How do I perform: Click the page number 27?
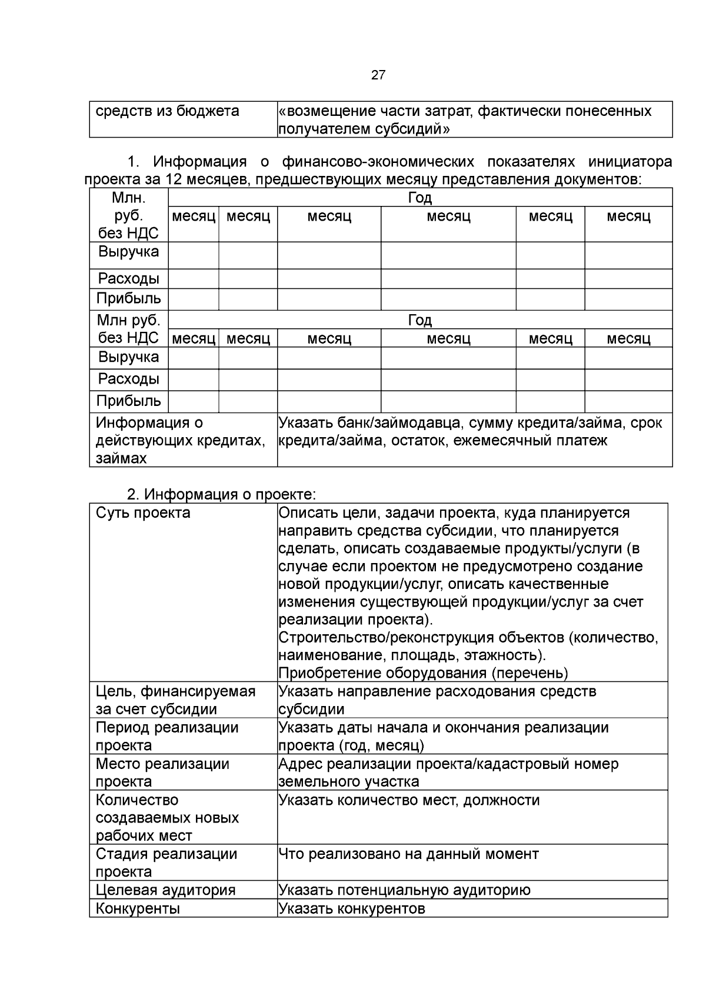378,75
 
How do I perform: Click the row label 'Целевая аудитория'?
165,890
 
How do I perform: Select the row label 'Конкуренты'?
138,908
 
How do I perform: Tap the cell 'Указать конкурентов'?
351,908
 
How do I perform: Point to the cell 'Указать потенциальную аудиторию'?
404,890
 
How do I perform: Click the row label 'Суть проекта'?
143,512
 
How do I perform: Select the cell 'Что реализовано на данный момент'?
408,854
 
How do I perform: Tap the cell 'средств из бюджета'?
167,111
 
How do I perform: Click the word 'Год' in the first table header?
419,198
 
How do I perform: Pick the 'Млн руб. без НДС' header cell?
128,329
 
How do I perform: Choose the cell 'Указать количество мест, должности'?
408,800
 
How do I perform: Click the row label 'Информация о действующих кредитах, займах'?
179,440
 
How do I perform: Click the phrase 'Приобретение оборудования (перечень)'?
423,672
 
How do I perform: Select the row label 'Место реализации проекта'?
162,772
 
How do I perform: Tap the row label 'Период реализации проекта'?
166,736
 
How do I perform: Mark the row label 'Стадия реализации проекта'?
166,863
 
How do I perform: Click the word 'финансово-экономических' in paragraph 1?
378,161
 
